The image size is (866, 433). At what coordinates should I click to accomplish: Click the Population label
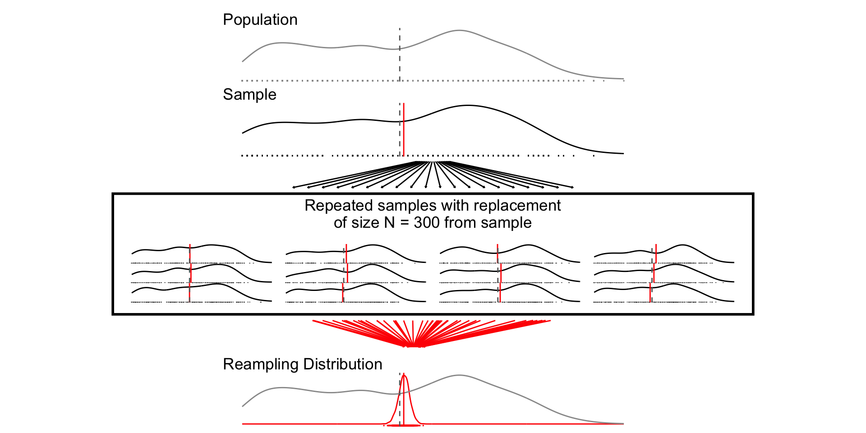click(260, 20)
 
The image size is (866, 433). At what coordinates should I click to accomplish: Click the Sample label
click(249, 95)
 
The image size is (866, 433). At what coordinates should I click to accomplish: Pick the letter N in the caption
click(389, 223)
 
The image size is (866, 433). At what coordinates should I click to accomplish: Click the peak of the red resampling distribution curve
click(404, 375)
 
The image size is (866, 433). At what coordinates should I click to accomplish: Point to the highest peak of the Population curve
click(459, 31)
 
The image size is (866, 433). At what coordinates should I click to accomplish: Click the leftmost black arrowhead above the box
click(294, 187)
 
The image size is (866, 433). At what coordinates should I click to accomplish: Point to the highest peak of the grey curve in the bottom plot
click(459, 375)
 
